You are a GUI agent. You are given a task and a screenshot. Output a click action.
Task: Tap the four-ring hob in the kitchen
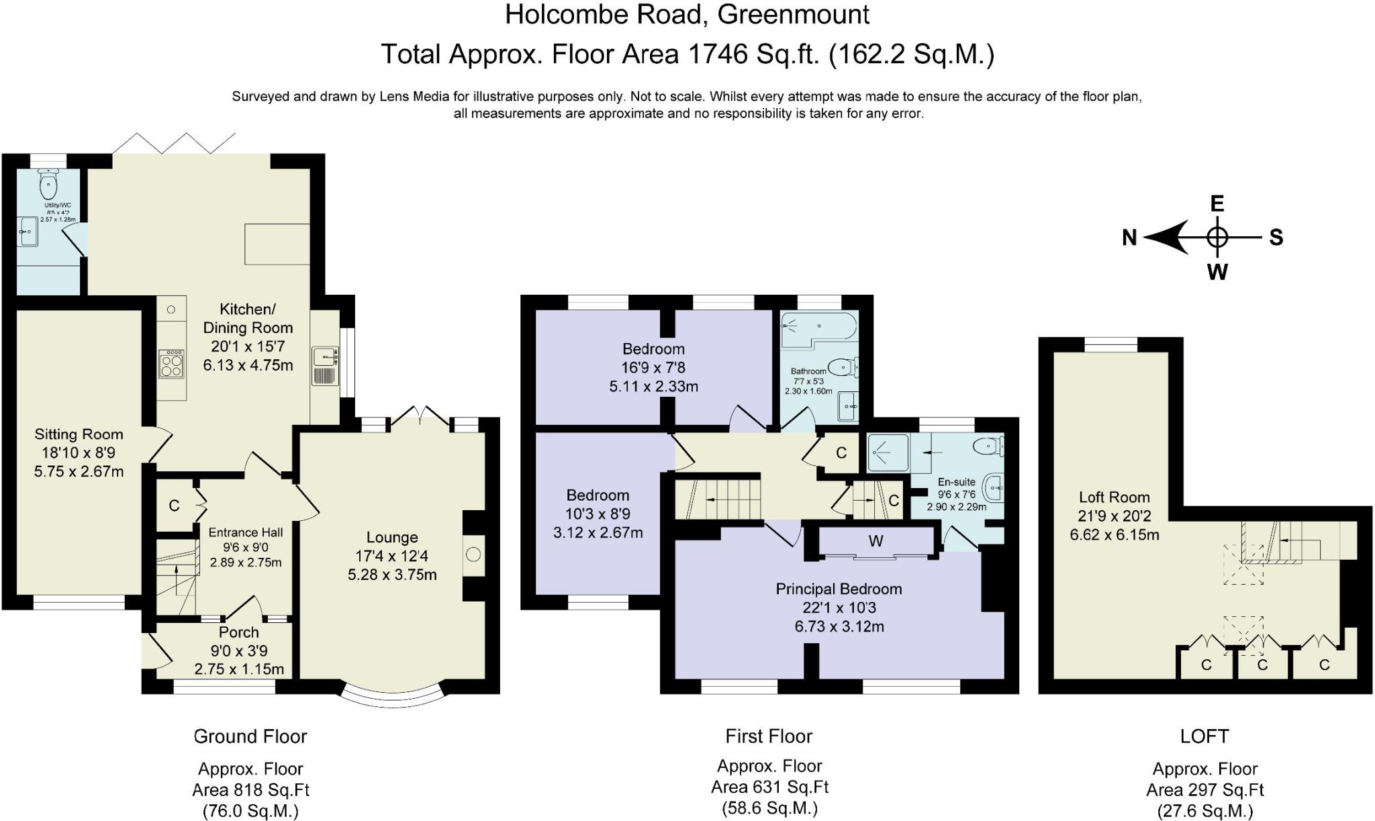point(172,365)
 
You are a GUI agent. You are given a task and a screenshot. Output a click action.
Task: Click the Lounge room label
point(392,538)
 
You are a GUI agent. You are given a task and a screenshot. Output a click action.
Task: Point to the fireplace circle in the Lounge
point(473,554)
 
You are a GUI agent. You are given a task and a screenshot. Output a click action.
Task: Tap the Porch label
point(238,632)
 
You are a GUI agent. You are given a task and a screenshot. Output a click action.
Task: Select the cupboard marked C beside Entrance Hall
point(174,505)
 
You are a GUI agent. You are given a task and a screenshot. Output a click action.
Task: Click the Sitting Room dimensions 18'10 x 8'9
point(79,453)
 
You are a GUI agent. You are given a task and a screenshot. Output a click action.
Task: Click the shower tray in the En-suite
point(888,452)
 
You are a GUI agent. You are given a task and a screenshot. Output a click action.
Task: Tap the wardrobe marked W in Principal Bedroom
point(875,541)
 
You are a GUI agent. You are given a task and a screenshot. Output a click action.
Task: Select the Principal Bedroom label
point(839,589)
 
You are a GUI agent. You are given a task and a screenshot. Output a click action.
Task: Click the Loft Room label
point(1114,497)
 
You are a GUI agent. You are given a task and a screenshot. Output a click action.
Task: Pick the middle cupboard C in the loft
point(1262,665)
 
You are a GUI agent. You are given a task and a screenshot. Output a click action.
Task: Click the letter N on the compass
point(1130,238)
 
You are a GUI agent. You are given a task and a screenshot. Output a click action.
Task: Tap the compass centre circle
point(1217,237)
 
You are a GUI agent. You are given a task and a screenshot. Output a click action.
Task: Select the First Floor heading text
point(769,736)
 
